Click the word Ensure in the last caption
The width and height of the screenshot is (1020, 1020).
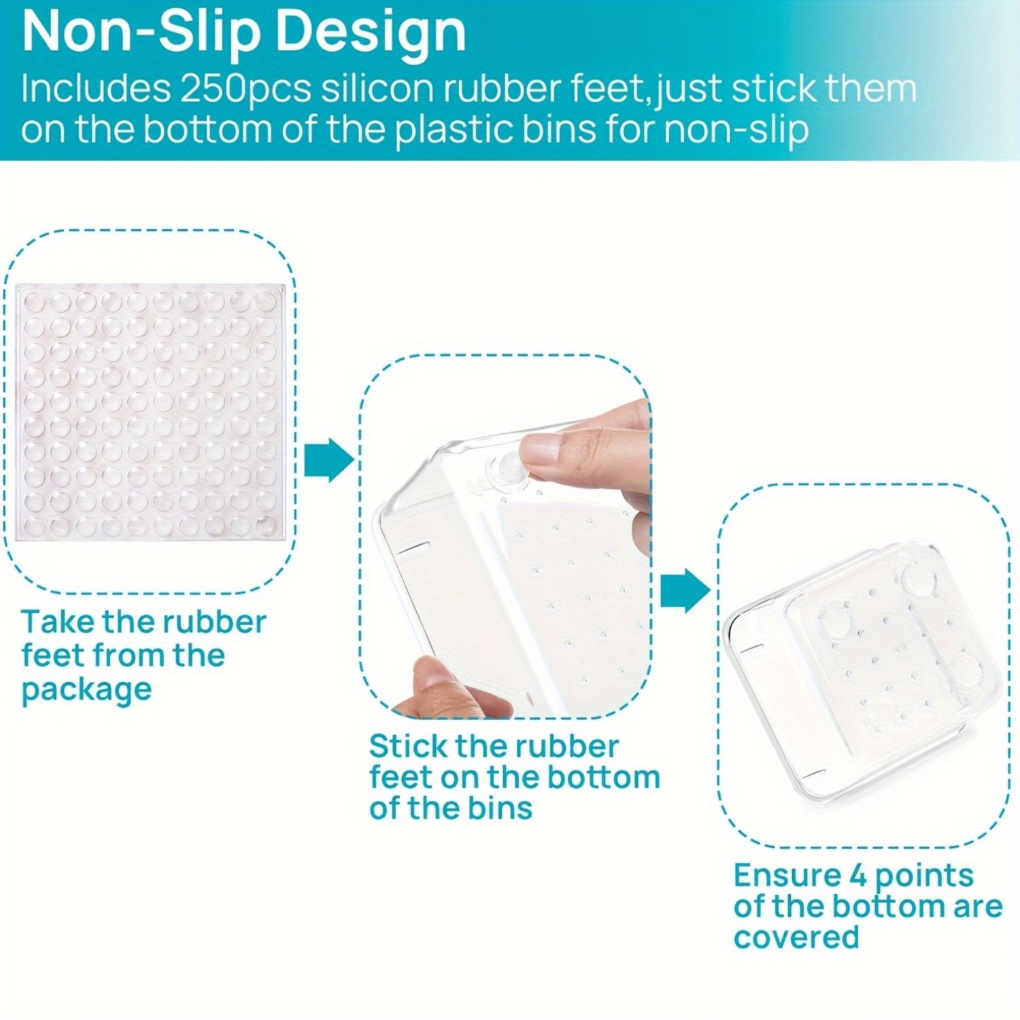pyautogui.click(x=787, y=875)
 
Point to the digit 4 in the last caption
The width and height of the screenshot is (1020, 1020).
pyautogui.click(x=859, y=875)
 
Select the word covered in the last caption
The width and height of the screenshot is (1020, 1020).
pyautogui.click(x=796, y=938)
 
